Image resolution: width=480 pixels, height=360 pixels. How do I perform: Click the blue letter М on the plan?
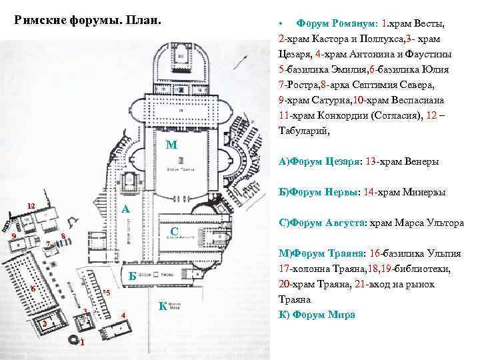171,146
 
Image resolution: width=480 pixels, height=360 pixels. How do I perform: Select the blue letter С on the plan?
173,231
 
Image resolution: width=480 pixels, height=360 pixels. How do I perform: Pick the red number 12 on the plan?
31,205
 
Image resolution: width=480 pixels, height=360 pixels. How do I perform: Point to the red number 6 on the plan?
32,289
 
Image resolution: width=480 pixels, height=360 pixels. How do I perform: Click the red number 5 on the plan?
107,293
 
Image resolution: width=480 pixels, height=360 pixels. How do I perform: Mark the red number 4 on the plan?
123,315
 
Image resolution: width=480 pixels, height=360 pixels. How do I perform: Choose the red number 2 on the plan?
44,324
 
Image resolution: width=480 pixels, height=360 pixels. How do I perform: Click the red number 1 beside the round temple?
81,344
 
